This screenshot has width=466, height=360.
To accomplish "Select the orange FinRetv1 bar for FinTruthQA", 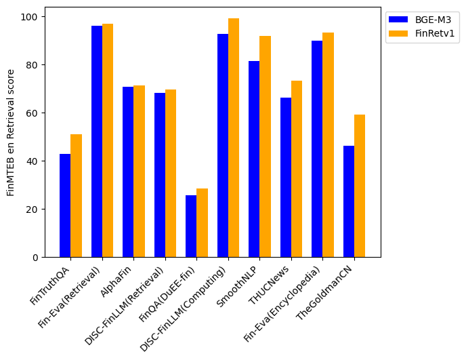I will click(76, 196).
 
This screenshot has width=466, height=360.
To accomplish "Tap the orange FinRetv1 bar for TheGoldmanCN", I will click(360, 186).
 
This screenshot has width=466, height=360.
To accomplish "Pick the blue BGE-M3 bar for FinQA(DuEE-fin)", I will click(191, 226).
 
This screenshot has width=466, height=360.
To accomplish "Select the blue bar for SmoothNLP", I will click(254, 159).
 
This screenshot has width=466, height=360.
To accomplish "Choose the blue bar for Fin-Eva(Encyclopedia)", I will click(317, 149).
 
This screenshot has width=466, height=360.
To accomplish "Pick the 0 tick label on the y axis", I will click(35, 258).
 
